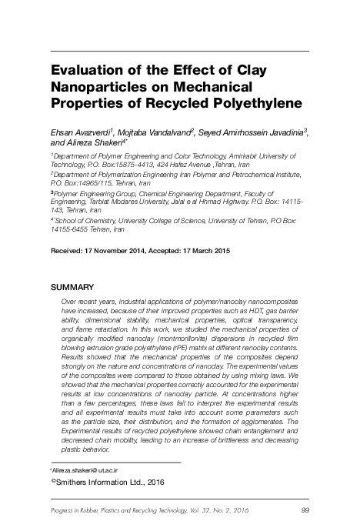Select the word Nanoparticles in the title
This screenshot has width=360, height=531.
pos(105,87)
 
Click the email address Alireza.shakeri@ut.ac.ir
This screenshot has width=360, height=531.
pos(86,469)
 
